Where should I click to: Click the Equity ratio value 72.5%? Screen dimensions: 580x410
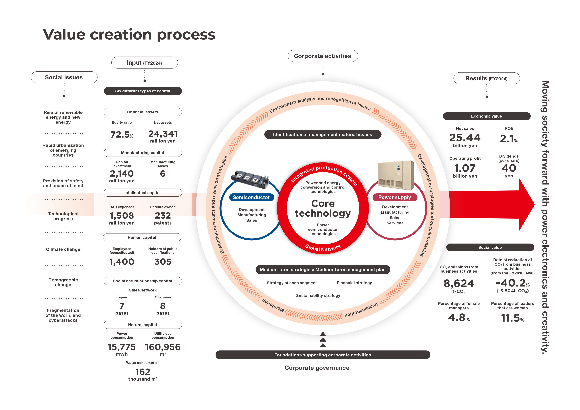(x=122, y=135)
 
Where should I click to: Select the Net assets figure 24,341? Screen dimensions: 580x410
(x=163, y=134)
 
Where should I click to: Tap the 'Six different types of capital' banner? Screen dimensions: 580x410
(x=143, y=91)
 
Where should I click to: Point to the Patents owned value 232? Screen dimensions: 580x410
(x=163, y=215)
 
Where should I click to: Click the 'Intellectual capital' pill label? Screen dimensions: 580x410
(x=143, y=193)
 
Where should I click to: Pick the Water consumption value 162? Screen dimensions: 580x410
(x=143, y=372)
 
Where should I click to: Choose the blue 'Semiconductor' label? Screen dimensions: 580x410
(x=251, y=197)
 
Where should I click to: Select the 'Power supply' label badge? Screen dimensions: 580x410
(x=395, y=197)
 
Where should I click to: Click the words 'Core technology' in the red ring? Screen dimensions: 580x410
(x=323, y=208)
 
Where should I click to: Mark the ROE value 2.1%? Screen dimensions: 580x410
(x=509, y=139)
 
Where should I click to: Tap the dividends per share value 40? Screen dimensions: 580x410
(x=509, y=168)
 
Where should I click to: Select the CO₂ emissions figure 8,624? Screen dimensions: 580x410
(x=459, y=283)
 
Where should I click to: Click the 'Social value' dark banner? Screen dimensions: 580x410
(x=490, y=247)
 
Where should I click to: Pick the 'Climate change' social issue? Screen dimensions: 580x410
(x=63, y=249)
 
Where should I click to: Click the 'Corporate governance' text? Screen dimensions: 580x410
(x=317, y=368)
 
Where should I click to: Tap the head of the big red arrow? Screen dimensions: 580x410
(x=527, y=204)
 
